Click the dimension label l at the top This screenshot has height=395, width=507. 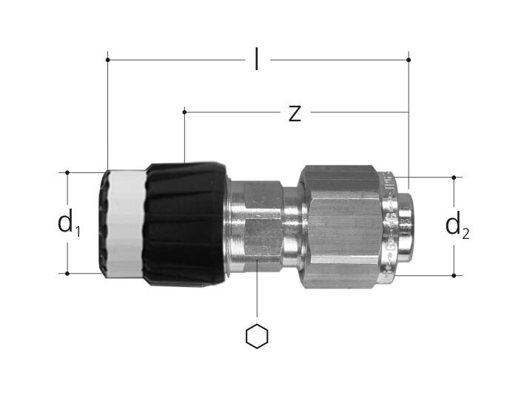pos(256,59)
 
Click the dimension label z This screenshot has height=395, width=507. pos(295,113)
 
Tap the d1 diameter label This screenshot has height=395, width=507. pos(69,223)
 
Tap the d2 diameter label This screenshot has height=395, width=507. pos(457,226)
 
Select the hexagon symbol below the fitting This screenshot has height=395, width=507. pos(257,336)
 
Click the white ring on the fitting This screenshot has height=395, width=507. pos(127,223)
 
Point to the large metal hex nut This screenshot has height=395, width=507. pos(339,227)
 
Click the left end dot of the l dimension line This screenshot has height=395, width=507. pos(107,60)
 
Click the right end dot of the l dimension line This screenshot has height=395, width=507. pos(409,60)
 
